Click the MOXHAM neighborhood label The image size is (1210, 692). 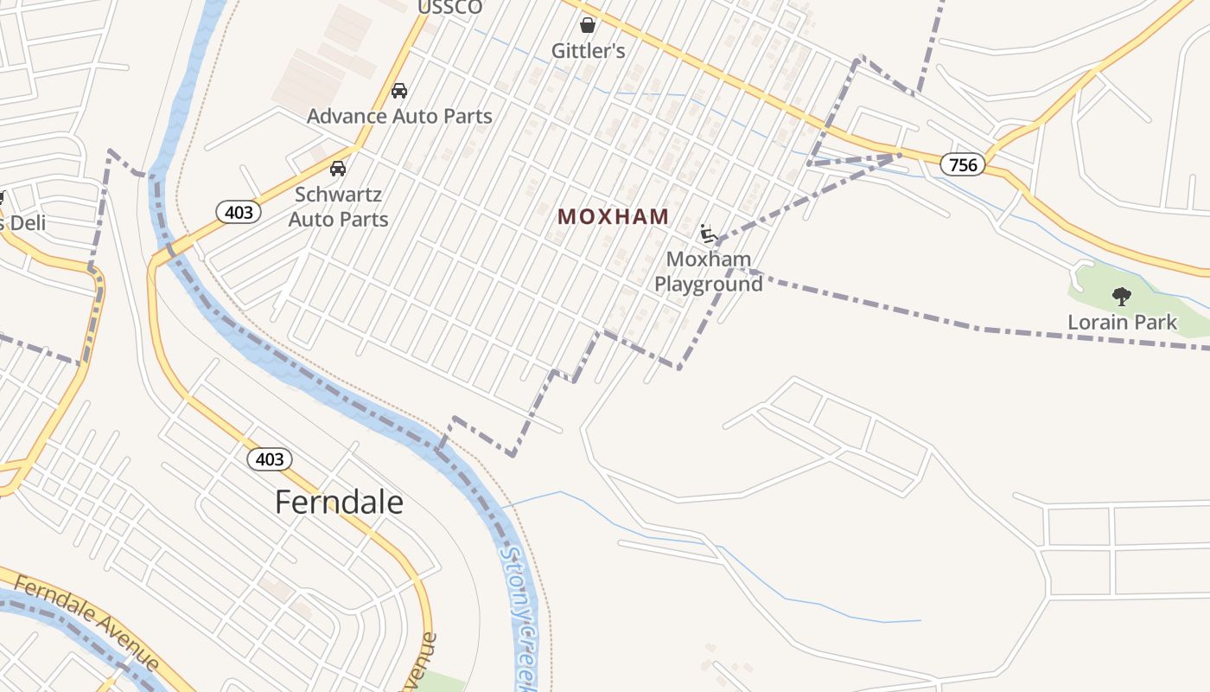(x=613, y=216)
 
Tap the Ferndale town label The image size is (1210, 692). (x=339, y=502)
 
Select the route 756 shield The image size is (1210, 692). (x=962, y=164)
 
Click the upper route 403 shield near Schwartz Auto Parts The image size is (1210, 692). (x=239, y=212)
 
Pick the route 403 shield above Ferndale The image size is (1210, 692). (x=270, y=459)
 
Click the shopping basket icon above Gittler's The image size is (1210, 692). (x=588, y=25)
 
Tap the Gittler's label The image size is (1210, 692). (x=588, y=51)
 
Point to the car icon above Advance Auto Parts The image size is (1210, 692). (x=399, y=90)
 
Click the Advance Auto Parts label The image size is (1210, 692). (x=399, y=116)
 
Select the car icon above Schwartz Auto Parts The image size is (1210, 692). (x=338, y=168)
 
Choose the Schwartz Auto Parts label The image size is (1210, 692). (x=338, y=207)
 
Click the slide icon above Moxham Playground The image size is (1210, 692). (x=709, y=234)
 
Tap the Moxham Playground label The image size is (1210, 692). (x=708, y=271)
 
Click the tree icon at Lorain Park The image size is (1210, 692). (x=1122, y=297)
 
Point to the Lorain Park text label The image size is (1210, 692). (x=1122, y=323)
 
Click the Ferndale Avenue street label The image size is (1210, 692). (x=86, y=623)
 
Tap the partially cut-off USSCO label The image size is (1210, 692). (x=449, y=8)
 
